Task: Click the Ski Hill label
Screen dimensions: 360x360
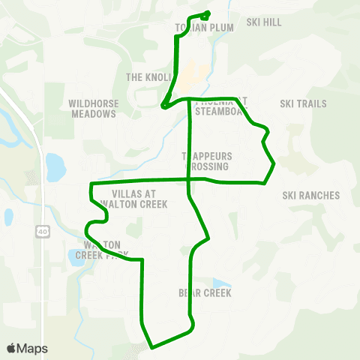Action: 263,22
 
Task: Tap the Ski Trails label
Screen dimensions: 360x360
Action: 303,103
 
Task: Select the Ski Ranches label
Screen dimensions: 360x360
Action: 311,196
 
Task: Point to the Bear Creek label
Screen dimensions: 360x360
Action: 204,292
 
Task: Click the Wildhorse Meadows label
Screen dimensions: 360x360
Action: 92,109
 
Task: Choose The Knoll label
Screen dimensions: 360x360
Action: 149,77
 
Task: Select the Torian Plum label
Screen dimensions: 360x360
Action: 204,28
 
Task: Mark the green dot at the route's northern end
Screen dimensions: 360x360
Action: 207,13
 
